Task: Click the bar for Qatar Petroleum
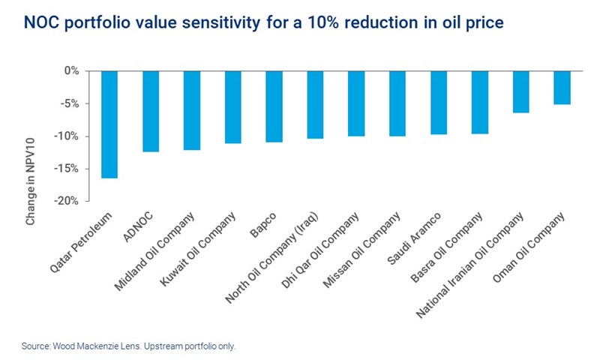click(110, 124)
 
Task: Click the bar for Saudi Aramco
click(438, 102)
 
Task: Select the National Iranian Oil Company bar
click(520, 91)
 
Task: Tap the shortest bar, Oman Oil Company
click(561, 87)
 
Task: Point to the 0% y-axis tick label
click(72, 70)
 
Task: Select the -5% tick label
click(70, 103)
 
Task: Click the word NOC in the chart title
click(43, 22)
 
